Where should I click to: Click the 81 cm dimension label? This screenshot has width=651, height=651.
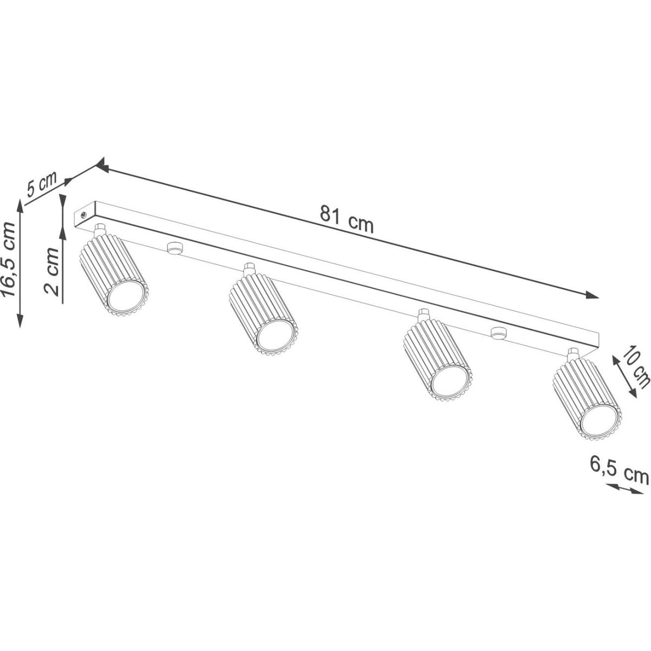coord(347,219)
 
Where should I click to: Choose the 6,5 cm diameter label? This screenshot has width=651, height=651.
coord(619,474)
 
